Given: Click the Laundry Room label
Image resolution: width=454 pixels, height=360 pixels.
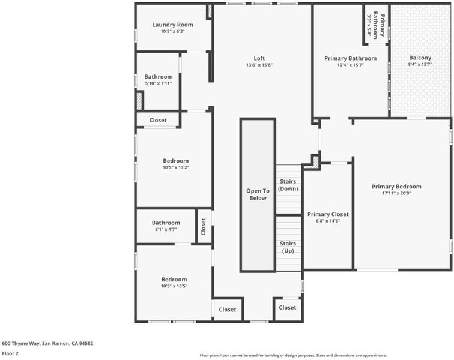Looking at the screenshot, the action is (172, 25).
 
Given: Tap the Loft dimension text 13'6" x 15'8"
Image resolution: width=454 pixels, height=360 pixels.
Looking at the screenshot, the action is (259, 65).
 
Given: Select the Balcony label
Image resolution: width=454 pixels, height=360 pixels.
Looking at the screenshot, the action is (420, 58).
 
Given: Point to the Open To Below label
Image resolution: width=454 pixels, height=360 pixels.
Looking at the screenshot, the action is (258, 194).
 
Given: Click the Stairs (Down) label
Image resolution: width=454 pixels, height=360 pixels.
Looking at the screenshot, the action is (288, 185).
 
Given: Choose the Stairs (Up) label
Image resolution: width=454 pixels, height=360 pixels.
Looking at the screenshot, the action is (288, 247).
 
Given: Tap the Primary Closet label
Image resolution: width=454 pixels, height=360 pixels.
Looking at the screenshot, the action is (328, 214).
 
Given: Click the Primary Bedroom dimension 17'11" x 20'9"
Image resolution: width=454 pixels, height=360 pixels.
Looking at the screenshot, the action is (396, 193).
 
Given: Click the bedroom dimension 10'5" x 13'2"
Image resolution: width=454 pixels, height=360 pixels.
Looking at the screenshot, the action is (176, 167).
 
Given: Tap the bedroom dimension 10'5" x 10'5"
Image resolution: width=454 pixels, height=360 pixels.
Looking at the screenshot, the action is (174, 286).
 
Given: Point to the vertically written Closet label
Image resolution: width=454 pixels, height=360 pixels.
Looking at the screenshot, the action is (203, 227).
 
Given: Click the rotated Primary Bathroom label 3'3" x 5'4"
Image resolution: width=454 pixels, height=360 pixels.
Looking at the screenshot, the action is (376, 25).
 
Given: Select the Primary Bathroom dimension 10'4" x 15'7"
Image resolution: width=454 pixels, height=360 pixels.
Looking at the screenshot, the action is (350, 65).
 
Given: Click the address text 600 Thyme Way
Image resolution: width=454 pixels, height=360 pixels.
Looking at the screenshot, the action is (21, 344).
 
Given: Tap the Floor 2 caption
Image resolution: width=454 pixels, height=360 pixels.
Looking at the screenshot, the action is (10, 353).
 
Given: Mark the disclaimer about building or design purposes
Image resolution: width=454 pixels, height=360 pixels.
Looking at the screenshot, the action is (293, 355).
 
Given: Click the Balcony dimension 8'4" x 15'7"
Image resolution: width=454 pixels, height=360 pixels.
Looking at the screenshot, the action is (420, 65).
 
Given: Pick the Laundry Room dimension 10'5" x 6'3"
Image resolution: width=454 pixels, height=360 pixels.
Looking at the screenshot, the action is (172, 31).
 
